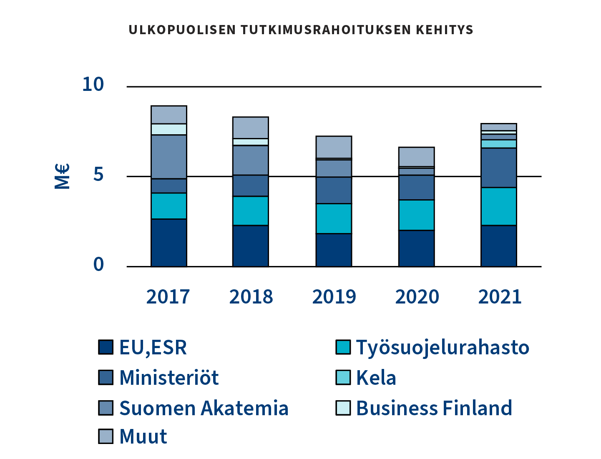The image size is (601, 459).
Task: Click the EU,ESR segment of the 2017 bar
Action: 168,243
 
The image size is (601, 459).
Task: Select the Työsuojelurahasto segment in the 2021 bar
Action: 499,206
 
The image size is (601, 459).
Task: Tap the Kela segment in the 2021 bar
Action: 499,144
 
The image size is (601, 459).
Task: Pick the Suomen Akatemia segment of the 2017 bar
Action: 168,157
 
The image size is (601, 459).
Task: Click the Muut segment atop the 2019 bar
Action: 334,147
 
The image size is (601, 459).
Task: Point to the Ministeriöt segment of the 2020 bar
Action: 416,188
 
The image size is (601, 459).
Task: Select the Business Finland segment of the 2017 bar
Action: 168,129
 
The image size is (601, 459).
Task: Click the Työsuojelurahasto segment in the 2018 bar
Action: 250,211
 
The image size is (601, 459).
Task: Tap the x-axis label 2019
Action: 334,297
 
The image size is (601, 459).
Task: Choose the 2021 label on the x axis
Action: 500,297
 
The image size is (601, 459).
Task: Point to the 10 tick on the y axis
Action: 93,85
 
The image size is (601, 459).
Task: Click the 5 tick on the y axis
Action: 98,175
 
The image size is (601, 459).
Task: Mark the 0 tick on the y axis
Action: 98,264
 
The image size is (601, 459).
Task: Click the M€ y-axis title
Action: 62,176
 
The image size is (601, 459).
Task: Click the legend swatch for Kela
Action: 343,377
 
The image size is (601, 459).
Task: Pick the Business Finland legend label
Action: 434,408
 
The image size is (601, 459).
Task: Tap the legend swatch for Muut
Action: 106,436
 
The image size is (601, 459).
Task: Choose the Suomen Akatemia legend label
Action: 204,408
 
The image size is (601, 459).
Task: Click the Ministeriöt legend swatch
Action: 106,377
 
